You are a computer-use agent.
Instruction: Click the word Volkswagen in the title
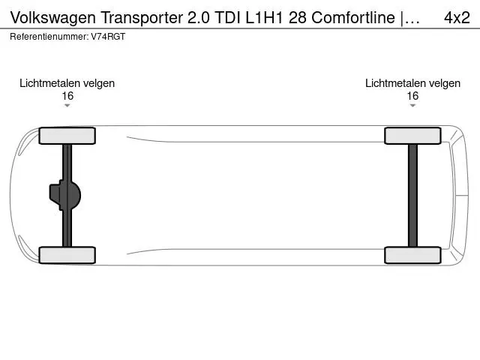click(53, 18)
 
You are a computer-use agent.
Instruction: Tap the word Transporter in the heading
click(142, 18)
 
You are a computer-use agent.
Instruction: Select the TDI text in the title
click(228, 17)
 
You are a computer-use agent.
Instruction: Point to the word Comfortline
click(353, 17)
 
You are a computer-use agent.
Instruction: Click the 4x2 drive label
click(457, 17)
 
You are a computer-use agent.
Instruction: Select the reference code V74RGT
click(108, 37)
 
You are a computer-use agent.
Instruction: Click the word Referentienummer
click(49, 37)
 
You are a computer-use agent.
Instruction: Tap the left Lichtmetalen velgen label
click(67, 83)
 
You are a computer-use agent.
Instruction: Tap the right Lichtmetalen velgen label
click(412, 83)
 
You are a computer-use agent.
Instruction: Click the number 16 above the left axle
click(67, 96)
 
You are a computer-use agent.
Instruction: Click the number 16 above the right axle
click(412, 96)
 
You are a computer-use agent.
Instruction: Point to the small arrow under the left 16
click(67, 106)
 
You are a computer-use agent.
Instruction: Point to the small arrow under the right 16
click(412, 106)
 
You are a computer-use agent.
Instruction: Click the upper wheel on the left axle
click(67, 136)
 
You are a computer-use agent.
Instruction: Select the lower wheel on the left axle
click(67, 255)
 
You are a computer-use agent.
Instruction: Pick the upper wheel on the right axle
click(412, 136)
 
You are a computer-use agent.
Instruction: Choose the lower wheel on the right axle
click(412, 255)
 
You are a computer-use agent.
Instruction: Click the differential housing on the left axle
click(65, 195)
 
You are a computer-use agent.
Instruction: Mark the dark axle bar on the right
click(412, 195)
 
